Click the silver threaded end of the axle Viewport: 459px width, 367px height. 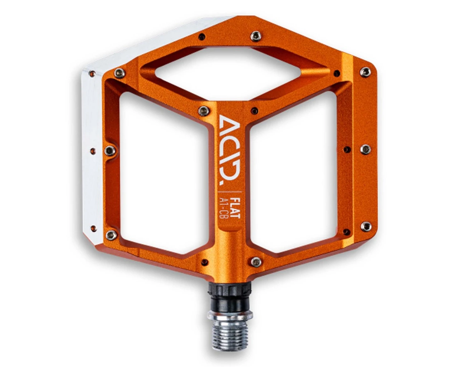(x=230, y=330)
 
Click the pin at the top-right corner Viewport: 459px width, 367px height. (x=365, y=72)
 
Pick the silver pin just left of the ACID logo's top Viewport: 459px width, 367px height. (x=204, y=110)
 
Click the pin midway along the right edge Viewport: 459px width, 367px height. (x=365, y=149)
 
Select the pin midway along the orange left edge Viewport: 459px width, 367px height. (x=110, y=151)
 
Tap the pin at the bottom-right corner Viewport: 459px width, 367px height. (x=366, y=226)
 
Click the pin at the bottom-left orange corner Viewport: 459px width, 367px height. (x=111, y=235)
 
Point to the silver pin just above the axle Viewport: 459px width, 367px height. (x=256, y=262)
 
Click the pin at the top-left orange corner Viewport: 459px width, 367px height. (x=119, y=73)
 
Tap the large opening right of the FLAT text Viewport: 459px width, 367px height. (x=294, y=172)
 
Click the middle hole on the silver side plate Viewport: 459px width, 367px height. (x=93, y=151)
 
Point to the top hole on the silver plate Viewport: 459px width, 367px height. (x=92, y=74)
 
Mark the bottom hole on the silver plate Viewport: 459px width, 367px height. (x=93, y=228)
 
